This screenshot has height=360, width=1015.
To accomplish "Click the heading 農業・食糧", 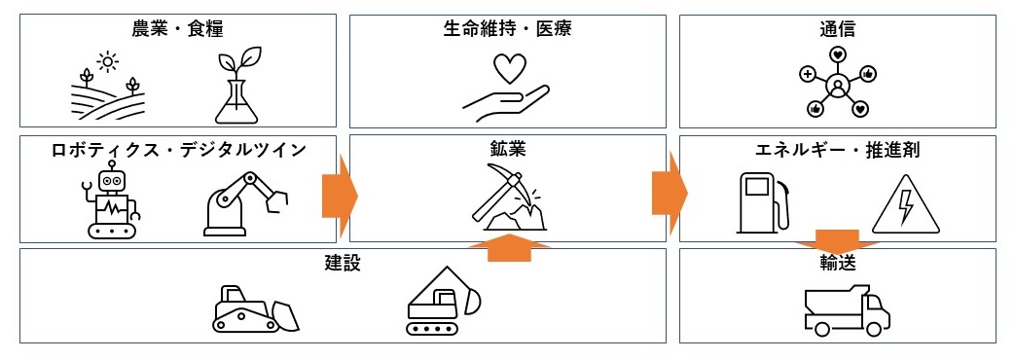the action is (177, 29).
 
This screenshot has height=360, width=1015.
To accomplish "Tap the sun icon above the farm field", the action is (107, 61).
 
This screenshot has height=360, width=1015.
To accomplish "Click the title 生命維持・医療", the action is (508, 29).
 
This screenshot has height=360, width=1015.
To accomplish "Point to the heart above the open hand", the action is (509, 68).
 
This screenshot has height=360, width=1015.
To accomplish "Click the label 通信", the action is (837, 29).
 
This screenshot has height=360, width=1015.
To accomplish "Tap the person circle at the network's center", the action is (837, 85).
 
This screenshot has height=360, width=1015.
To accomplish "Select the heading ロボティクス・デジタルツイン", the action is (178, 150).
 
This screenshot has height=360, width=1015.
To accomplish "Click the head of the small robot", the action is (112, 179).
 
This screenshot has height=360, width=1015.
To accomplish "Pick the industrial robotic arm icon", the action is (245, 203).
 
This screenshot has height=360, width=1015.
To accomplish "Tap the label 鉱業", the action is (508, 150).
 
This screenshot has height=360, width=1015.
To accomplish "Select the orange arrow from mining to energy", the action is (670, 192).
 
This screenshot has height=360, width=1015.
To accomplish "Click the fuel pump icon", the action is (764, 202).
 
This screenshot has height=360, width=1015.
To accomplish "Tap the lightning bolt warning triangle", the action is (905, 204).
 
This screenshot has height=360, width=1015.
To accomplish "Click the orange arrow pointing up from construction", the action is (509, 248).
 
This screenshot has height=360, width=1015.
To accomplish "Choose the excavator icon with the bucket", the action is (444, 301).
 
